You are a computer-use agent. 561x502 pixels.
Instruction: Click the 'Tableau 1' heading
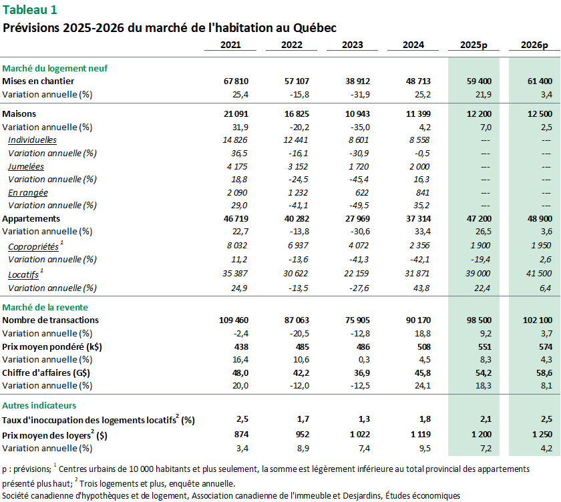pos(30,9)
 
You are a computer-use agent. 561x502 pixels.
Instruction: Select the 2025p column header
pos(474,45)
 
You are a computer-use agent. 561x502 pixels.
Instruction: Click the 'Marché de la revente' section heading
pos(51,307)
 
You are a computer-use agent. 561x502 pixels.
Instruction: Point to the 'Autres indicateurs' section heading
pos(39,405)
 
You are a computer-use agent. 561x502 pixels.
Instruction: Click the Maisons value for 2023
pos(356,114)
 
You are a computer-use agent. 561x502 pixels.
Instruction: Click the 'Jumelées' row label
pos(26,166)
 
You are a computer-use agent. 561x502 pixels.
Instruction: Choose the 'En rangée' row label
pos(28,193)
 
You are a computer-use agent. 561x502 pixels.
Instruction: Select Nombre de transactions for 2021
pos(233,320)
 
